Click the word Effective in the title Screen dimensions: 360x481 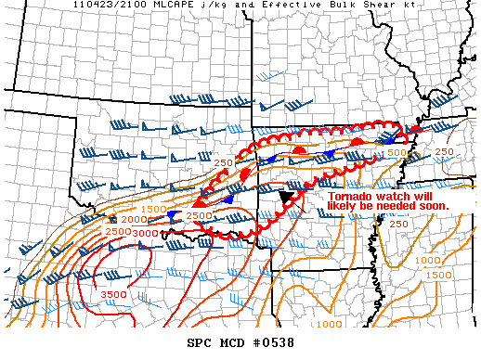[x=266, y=6]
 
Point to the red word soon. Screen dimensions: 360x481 [x=433, y=206]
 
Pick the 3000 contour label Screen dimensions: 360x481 [x=144, y=232]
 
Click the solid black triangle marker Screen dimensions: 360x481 [x=286, y=196]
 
